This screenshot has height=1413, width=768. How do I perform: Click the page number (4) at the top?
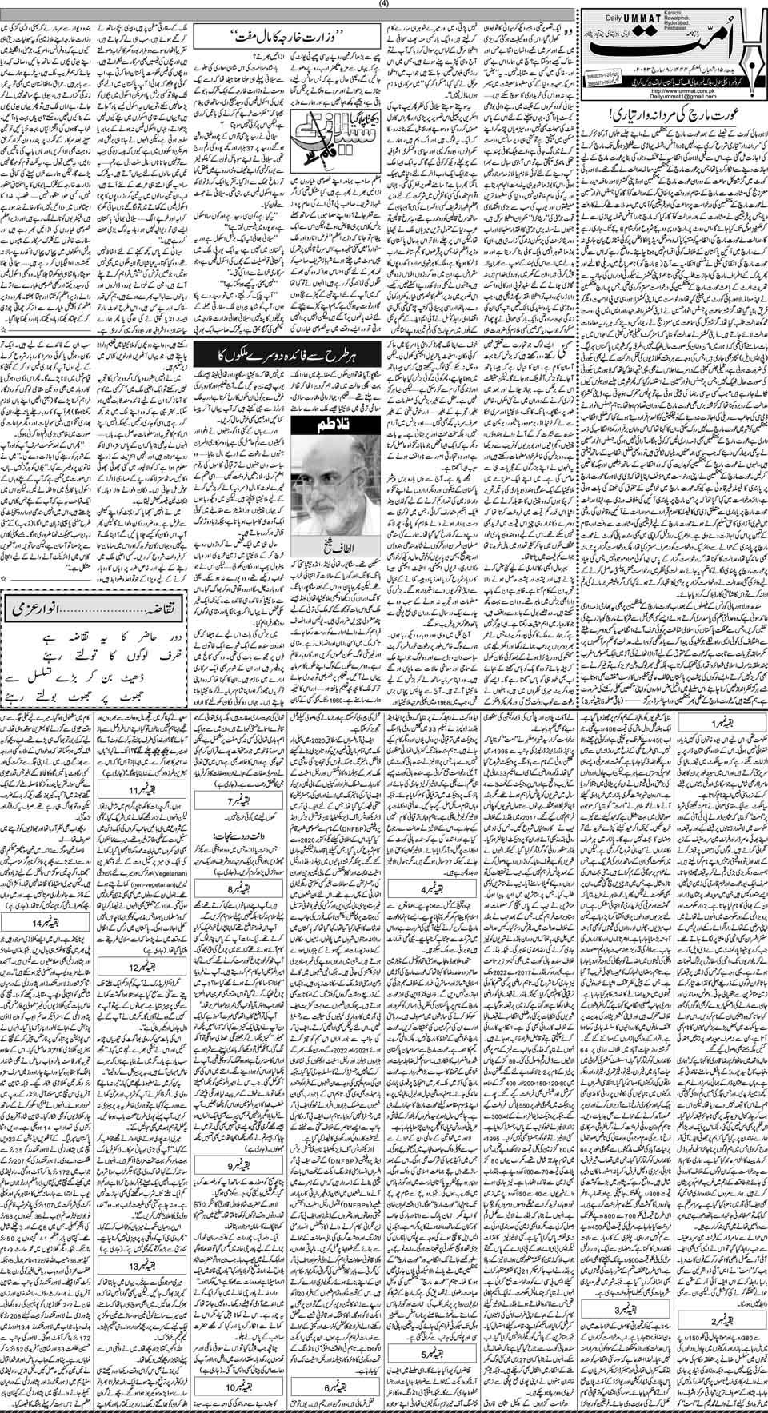(385, 6)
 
